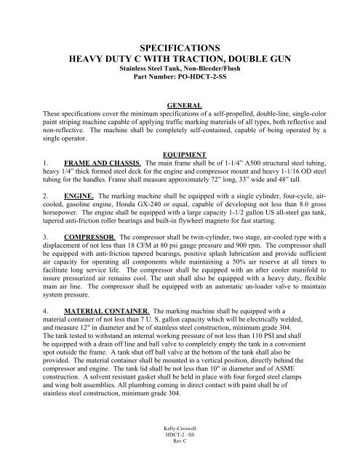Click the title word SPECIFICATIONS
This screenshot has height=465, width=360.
(x=180, y=44)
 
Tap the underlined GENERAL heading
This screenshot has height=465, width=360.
(x=180, y=105)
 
